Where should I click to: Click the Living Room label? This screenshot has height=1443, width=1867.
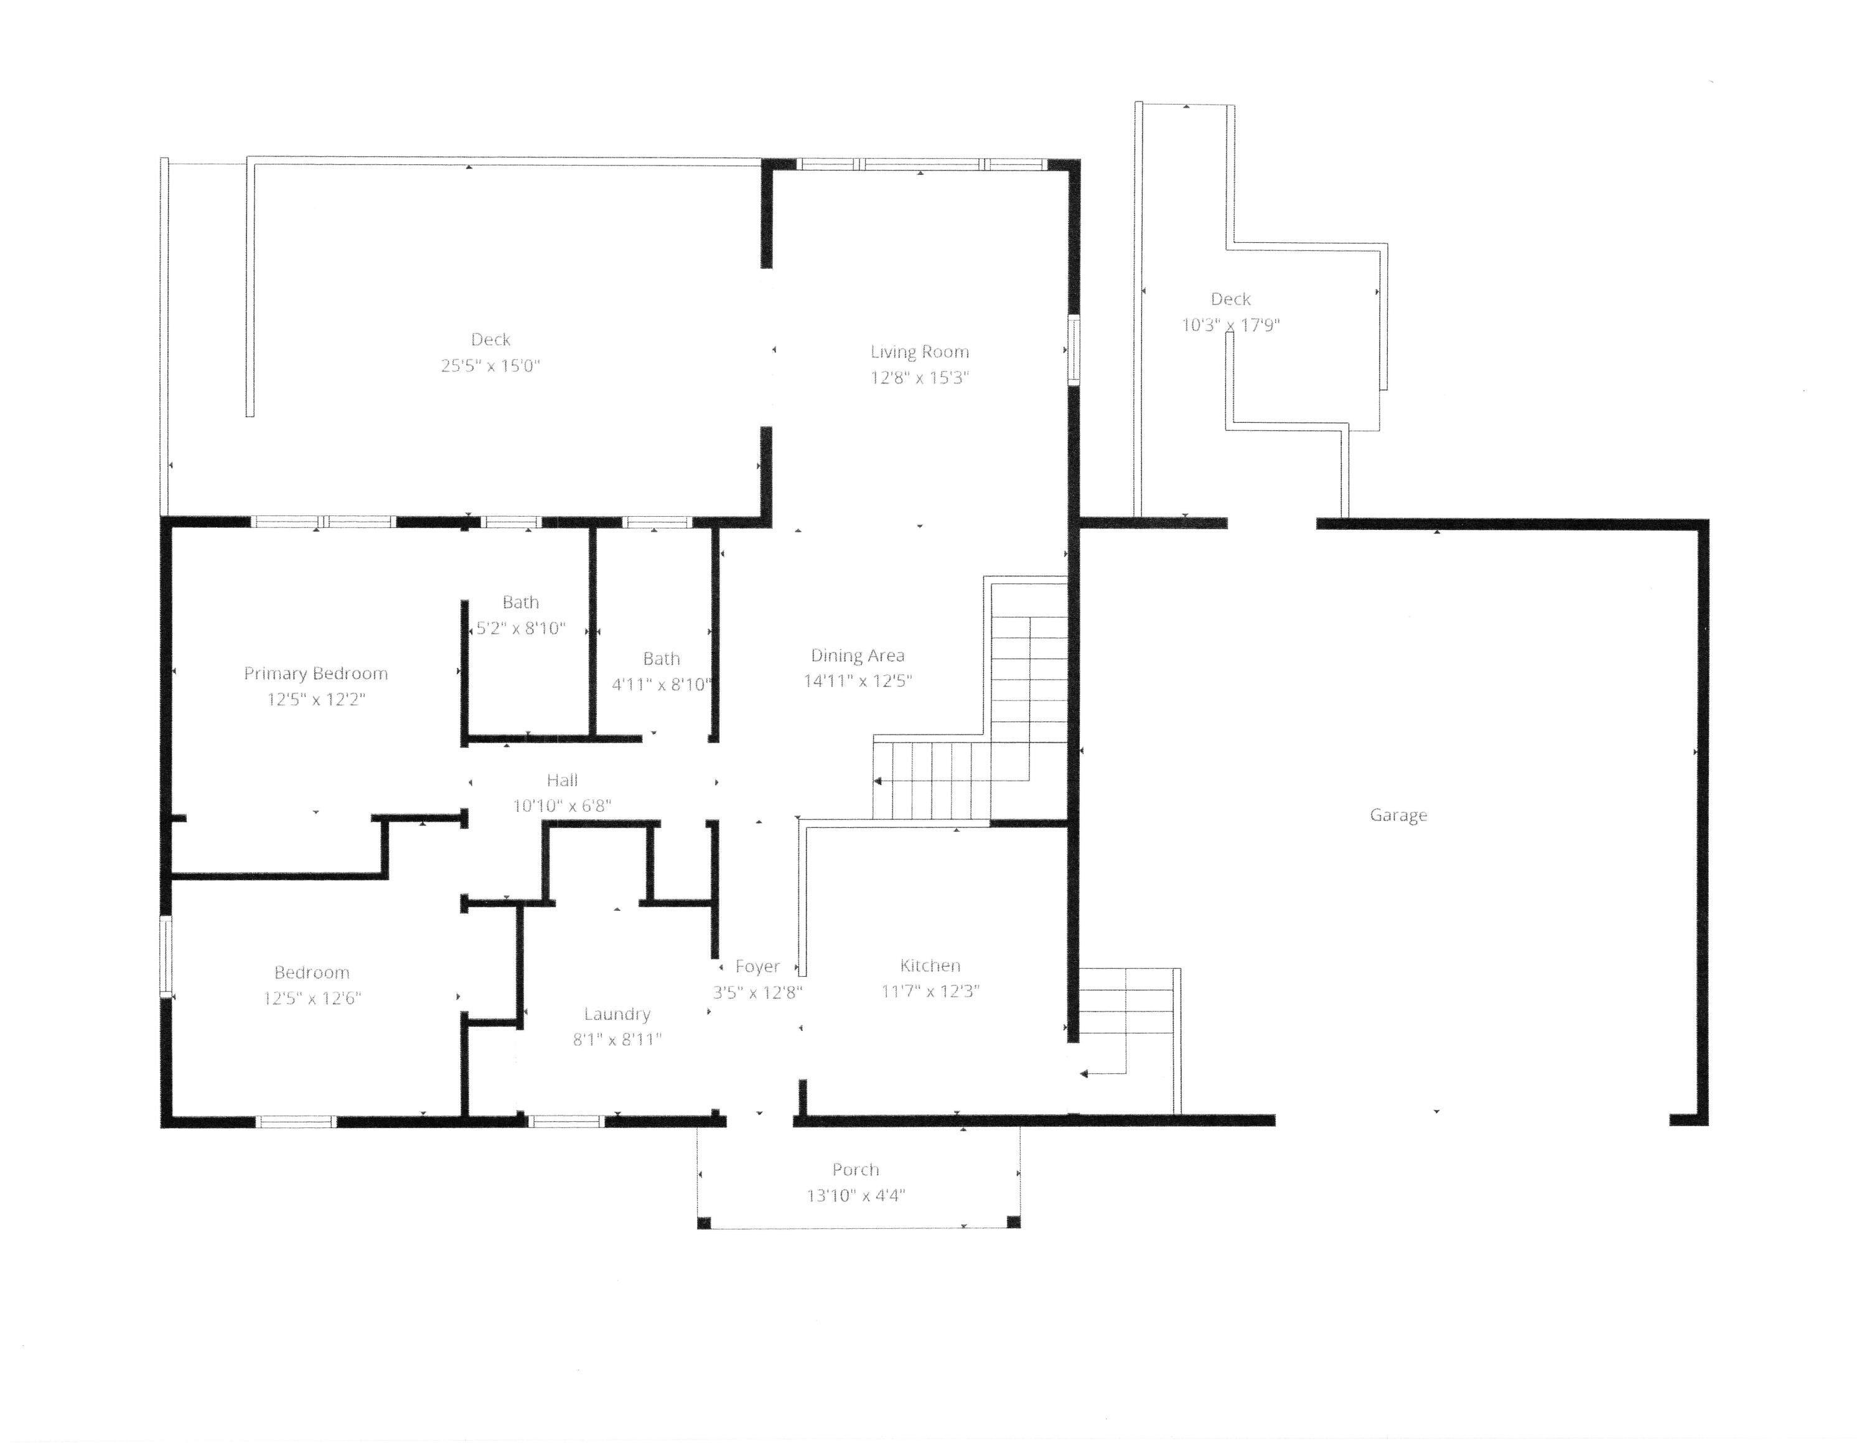coord(920,351)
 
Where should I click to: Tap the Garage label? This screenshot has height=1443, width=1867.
coord(1398,816)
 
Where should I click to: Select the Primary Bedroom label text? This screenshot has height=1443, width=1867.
coord(316,674)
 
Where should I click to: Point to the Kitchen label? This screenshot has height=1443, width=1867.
coord(930,966)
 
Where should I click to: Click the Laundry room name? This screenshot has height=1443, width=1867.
coord(617,1014)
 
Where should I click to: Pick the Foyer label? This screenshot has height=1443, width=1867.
coord(757,967)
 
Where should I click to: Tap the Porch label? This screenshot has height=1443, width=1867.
coord(856,1170)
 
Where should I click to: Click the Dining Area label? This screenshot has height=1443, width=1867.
coord(858,656)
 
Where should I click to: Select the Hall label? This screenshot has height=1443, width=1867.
coord(563,779)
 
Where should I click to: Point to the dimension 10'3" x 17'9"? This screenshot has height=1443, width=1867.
coord(1230,325)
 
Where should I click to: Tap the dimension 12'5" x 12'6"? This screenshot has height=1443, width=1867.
coord(312,998)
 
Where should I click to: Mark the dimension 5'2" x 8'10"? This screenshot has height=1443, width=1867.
coord(521,628)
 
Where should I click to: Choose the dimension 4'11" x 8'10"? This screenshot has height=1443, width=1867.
coord(662,684)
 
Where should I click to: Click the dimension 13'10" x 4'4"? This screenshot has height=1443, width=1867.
coord(856,1195)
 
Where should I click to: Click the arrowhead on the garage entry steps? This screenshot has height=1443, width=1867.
coord(1084,1074)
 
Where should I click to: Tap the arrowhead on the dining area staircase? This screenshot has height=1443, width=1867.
coord(877,781)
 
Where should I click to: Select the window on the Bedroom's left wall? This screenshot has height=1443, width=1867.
coord(166,957)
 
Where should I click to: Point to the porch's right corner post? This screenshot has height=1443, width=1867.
coord(1013,1221)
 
